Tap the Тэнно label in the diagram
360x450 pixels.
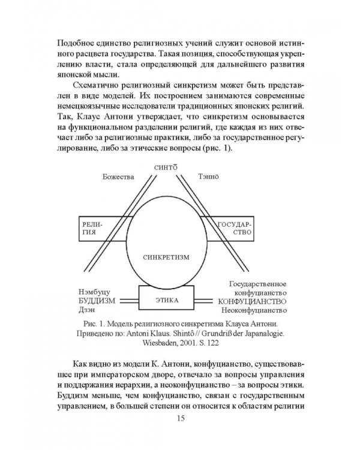(209, 178)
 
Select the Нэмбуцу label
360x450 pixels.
(92, 290)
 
